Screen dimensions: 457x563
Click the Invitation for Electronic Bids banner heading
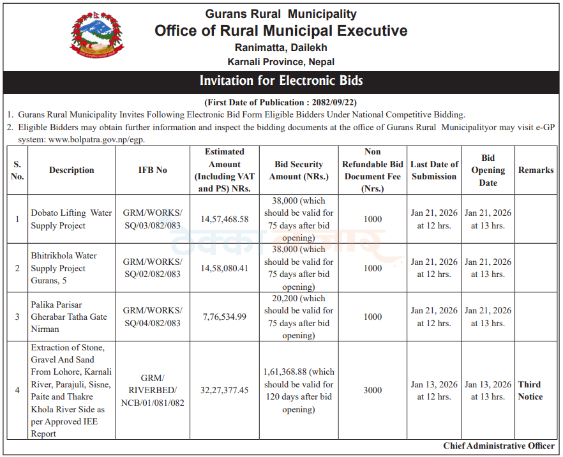pos(281,81)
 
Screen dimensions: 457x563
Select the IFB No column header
pos(153,170)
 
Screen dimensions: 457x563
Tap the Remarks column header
pos(536,170)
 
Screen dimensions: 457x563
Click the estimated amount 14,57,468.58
pos(225,219)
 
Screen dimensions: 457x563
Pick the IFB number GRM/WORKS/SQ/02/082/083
pos(153,268)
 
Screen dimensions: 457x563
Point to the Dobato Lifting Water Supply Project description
pos(71,219)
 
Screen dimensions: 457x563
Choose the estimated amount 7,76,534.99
pos(225,317)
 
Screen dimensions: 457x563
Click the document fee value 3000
pos(373,391)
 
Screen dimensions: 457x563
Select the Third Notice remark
pos(530,391)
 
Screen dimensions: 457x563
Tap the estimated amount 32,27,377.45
pos(225,391)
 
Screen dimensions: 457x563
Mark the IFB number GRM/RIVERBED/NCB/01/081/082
pos(153,391)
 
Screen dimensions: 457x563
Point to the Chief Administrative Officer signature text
pos(499,446)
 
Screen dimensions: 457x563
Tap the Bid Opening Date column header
pos(488,170)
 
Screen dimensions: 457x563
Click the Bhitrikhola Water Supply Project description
pos(64,268)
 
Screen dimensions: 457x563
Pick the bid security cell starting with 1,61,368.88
pos(299,391)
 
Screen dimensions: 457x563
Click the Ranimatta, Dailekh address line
pos(281,47)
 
